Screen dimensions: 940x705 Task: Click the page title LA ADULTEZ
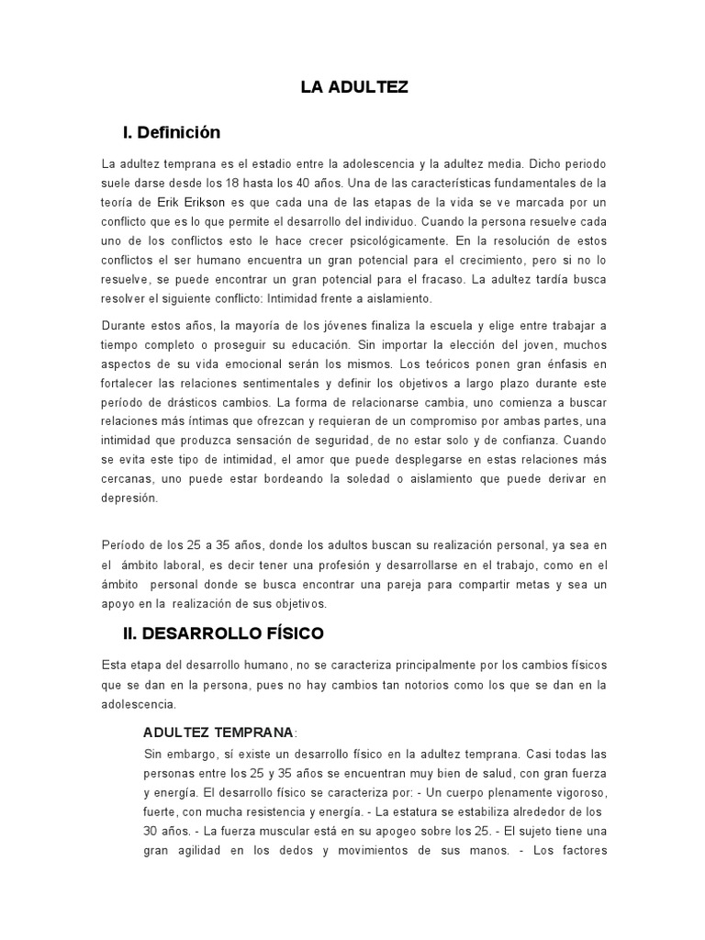click(x=354, y=88)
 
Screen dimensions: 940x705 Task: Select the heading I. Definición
click(x=172, y=133)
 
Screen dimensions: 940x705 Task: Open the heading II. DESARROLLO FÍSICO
click(x=223, y=633)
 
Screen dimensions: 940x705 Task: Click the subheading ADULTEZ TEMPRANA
click(x=218, y=733)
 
